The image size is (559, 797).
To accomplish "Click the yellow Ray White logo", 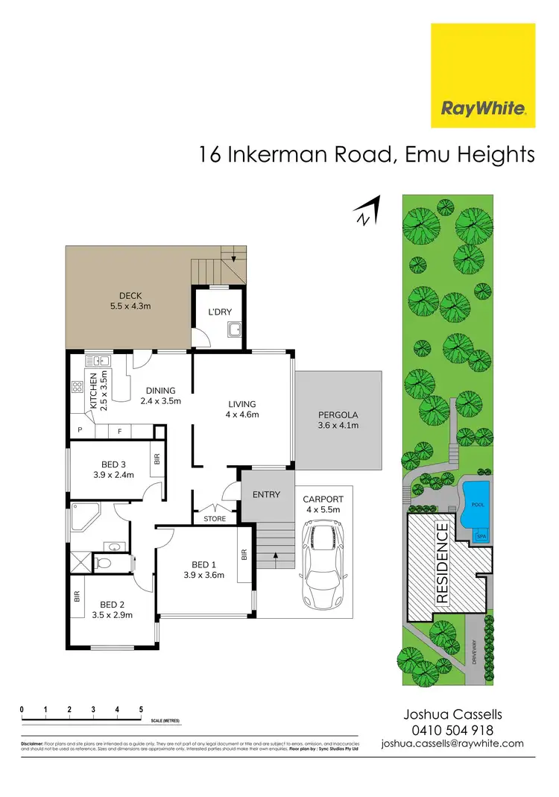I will pyautogui.click(x=483, y=75).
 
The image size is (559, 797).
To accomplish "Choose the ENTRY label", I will pyautogui.click(x=266, y=494).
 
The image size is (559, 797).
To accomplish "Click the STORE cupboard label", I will pyautogui.click(x=215, y=519).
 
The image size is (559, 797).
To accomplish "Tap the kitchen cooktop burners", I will pyautogui.click(x=77, y=387).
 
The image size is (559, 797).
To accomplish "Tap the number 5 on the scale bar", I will pyautogui.click(x=141, y=709).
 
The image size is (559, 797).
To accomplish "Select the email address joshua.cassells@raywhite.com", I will pyautogui.click(x=452, y=743).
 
